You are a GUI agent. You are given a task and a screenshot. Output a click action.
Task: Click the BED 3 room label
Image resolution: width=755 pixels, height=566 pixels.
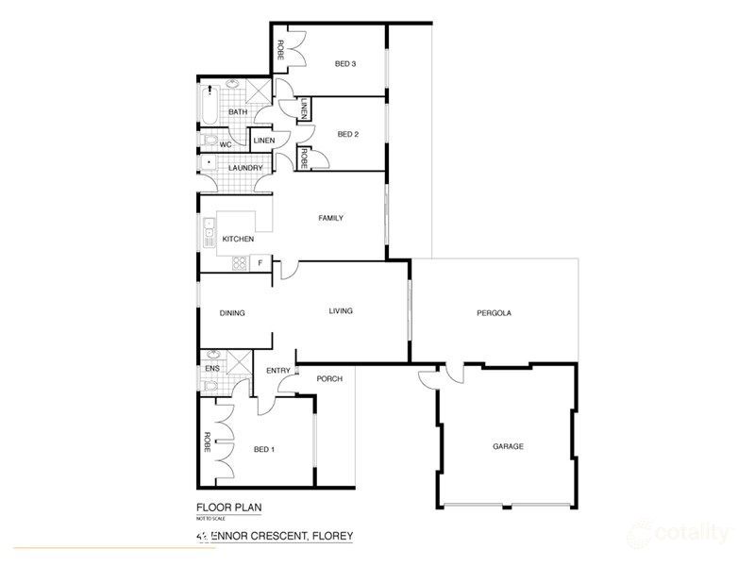(x=345, y=64)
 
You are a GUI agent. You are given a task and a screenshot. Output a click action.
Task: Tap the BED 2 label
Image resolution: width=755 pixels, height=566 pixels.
(x=348, y=134)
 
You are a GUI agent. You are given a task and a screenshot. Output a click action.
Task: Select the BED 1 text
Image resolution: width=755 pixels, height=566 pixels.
(x=265, y=449)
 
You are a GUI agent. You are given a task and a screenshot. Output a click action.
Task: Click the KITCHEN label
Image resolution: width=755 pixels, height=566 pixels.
(x=238, y=240)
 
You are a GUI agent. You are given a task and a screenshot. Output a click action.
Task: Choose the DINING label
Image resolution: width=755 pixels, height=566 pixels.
(x=233, y=313)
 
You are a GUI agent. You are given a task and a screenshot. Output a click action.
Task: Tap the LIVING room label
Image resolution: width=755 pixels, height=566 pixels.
(x=341, y=311)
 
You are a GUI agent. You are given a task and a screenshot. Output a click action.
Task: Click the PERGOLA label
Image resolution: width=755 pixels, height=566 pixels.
(x=493, y=313)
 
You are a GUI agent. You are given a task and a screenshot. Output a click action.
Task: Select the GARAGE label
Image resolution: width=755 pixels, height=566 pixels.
(x=507, y=446)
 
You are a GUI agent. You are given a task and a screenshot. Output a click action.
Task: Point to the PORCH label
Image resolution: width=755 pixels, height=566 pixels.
(x=329, y=379)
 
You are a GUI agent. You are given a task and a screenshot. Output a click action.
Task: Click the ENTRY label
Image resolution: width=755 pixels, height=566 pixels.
(x=278, y=371)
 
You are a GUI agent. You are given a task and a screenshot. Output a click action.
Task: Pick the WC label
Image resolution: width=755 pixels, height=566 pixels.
(x=226, y=144)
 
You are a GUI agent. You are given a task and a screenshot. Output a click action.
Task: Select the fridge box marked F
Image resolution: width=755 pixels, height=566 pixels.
(x=261, y=261)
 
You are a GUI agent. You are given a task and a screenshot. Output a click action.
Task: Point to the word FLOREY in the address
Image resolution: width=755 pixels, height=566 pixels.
(x=327, y=536)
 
